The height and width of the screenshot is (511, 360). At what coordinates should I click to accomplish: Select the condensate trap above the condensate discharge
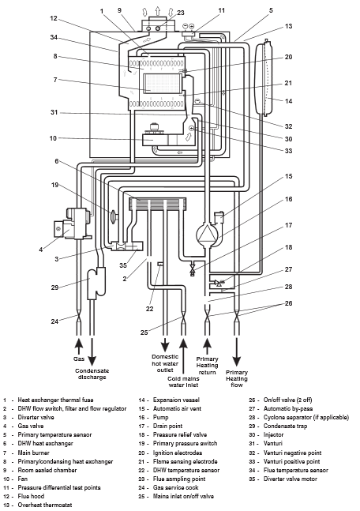[x=96, y=283]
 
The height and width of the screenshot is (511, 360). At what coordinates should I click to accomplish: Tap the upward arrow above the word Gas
[x=78, y=345]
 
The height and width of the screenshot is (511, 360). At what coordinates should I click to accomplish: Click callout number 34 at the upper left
[x=54, y=37]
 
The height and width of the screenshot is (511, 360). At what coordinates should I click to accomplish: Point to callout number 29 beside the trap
[x=54, y=287]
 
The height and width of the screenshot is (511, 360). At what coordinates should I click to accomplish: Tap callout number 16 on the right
[x=289, y=199]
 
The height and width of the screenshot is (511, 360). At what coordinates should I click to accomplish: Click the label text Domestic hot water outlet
[x=165, y=363]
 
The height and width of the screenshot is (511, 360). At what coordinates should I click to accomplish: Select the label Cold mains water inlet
[x=183, y=382]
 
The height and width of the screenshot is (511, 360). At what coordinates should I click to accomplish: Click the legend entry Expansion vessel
[x=176, y=400]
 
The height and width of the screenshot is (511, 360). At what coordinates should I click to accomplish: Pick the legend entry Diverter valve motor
[x=291, y=479]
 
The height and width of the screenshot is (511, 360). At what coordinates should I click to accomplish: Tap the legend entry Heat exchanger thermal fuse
[x=55, y=400]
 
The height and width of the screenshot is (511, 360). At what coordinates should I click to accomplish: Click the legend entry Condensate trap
[x=285, y=426]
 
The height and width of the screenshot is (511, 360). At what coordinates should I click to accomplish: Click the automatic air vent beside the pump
[x=219, y=216]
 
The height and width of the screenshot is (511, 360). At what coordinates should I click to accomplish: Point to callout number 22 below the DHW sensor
[x=149, y=309]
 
